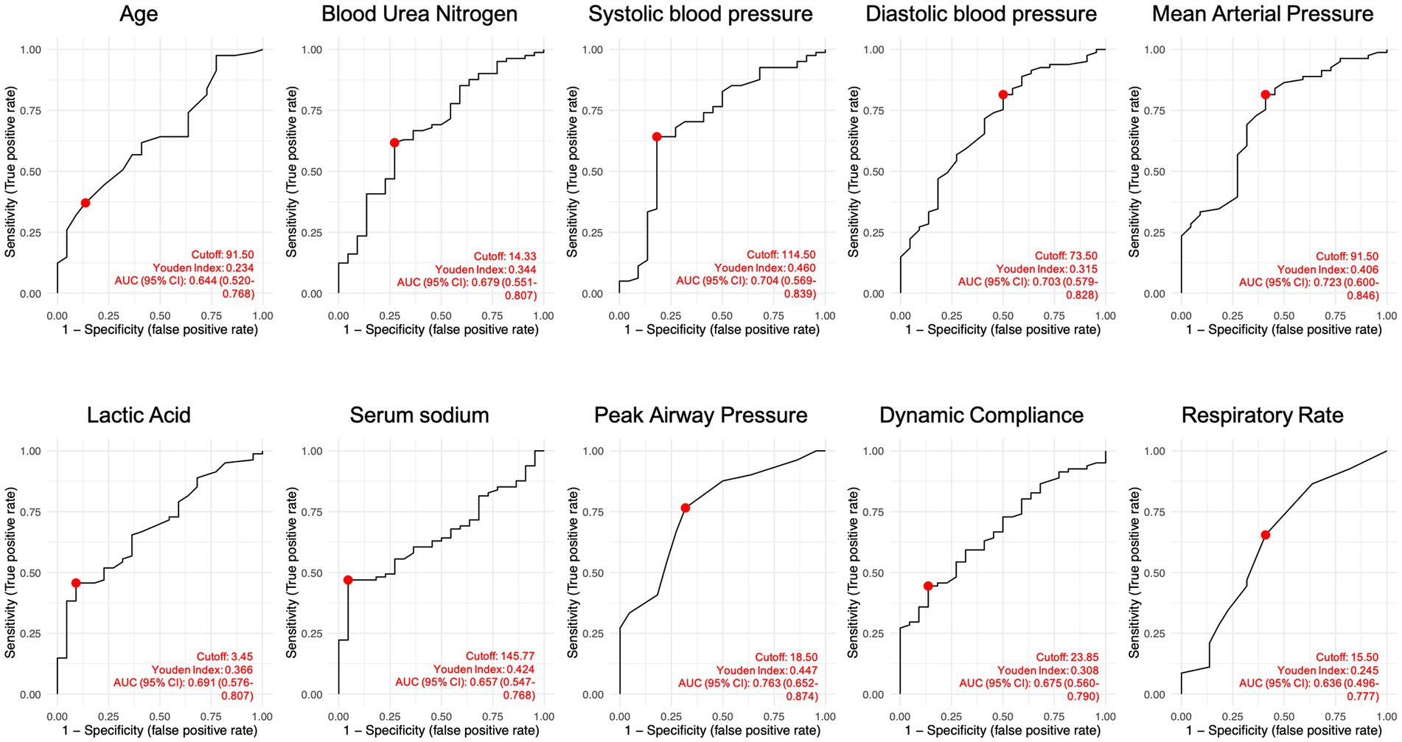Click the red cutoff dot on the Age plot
coord(86,203)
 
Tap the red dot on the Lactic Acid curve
coord(75,583)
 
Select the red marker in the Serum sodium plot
coord(348,580)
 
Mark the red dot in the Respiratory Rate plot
coord(1265,535)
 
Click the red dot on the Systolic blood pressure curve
coord(657,136)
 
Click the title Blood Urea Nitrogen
coord(419,14)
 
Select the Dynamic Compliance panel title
coord(981,415)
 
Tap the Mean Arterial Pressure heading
coord(1263,14)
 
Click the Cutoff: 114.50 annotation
coord(781,255)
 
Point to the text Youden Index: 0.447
coord(767,671)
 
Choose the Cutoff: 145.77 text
coord(500,657)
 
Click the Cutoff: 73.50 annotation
coord(1066,256)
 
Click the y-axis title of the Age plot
coord(11,172)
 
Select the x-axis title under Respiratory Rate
coord(1283,731)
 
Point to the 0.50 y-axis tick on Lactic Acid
coord(31,573)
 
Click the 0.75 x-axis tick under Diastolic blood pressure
coord(1054,316)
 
